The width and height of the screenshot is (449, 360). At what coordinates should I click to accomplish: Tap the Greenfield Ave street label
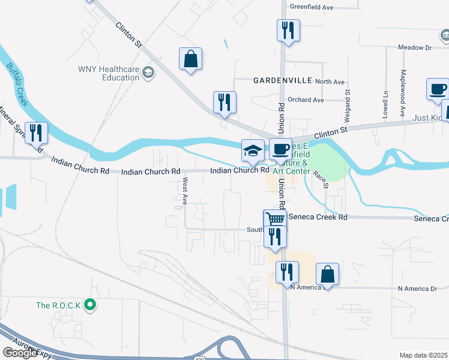[x=311, y=7]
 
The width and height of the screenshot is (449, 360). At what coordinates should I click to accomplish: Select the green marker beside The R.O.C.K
[x=90, y=305]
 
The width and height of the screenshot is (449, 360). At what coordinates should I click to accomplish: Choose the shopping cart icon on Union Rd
[x=275, y=220]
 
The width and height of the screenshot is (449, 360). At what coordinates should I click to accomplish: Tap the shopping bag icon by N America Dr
[x=327, y=274]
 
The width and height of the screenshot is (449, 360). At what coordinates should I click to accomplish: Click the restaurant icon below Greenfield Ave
[x=288, y=29]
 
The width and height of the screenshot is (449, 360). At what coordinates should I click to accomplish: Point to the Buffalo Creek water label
[x=19, y=82]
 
